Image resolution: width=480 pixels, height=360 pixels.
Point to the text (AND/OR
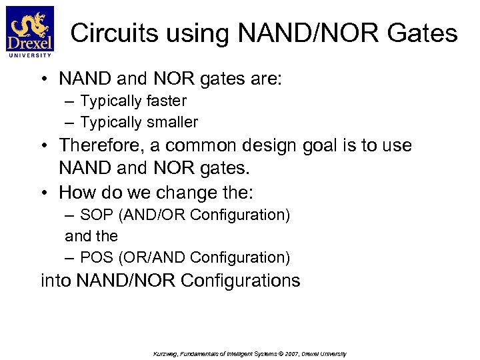click(x=143, y=215)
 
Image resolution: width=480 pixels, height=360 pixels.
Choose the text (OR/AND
click(x=143, y=257)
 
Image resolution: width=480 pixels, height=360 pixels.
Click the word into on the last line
click(x=56, y=281)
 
